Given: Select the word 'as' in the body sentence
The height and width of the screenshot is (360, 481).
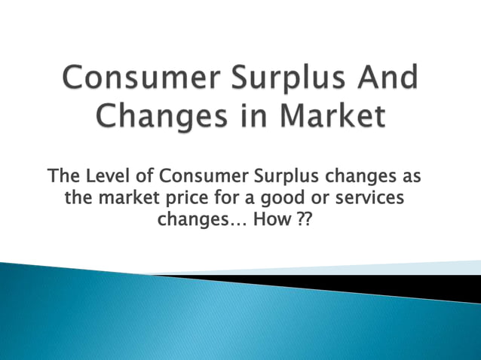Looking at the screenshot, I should [410, 178].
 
